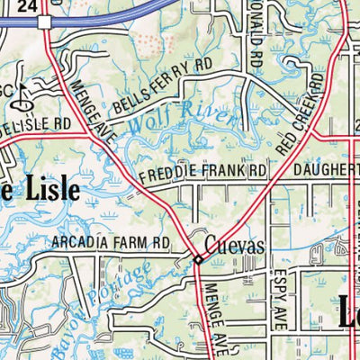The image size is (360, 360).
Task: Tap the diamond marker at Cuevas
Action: coord(199,260)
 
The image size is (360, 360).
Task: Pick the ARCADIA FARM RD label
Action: coord(111,242)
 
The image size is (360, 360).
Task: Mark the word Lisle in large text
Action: coord(45,191)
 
